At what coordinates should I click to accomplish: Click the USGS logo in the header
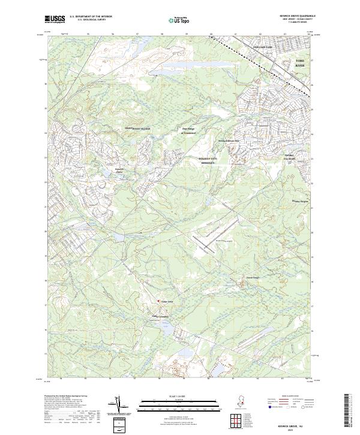[55, 19]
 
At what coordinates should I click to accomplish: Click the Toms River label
[300, 63]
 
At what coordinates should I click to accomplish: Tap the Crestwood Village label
[137, 128]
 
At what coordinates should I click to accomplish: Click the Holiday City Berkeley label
[211, 160]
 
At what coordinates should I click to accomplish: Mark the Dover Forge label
[253, 277]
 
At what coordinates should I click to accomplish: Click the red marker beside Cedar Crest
[158, 301]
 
